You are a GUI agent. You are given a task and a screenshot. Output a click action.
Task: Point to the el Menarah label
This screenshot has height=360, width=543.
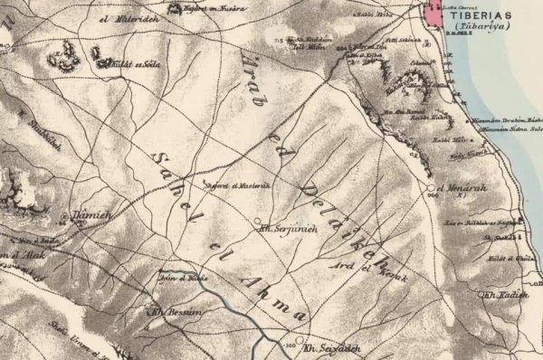coord(458,187)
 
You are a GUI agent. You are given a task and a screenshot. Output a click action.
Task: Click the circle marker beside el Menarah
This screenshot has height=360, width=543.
coord(431,187)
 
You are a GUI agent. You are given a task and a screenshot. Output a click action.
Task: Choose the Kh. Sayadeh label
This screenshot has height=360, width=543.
coord(326,347)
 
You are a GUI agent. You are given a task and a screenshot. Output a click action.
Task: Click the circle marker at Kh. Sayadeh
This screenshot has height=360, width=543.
coord(300,346)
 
